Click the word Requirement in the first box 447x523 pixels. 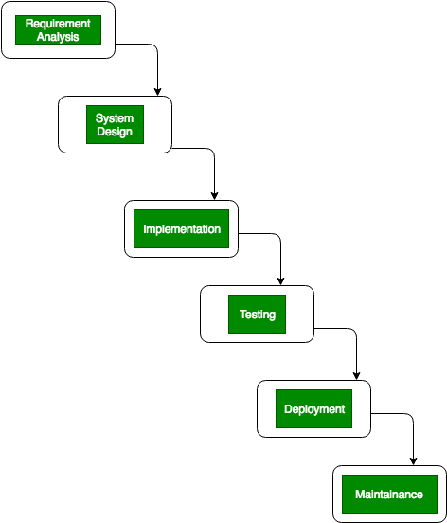point(58,24)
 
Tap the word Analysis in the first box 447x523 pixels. point(58,37)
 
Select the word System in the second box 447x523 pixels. point(115,118)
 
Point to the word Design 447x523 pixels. point(115,132)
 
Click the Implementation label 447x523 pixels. point(182,229)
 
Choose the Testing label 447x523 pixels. point(258,315)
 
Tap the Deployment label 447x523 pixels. point(314,409)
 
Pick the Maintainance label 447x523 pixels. point(389,495)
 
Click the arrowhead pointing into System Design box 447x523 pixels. point(157,92)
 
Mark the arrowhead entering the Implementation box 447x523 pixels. point(214,196)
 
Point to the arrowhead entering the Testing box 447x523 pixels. point(280,280)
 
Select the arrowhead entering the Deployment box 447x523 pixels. point(356,375)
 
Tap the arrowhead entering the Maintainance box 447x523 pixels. point(413,461)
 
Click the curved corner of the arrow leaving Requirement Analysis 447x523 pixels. point(155,46)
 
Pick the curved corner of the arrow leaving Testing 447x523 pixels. point(353,331)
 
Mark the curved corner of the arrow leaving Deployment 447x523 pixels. point(411,416)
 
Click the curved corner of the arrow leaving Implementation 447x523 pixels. point(278,236)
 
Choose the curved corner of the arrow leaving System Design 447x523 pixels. point(212,151)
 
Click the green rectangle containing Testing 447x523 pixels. point(257,314)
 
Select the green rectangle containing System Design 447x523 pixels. point(115,125)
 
